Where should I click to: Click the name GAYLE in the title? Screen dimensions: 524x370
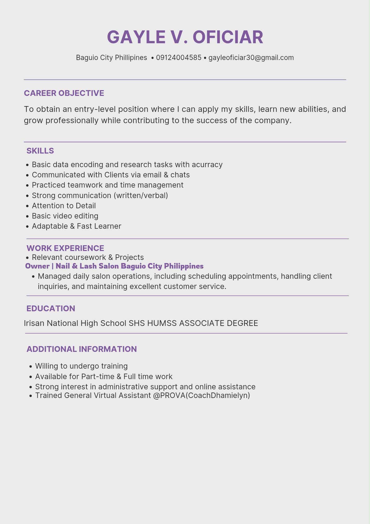pyautogui.click(x=136, y=37)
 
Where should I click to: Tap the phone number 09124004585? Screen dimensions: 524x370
pyautogui.click(x=179, y=58)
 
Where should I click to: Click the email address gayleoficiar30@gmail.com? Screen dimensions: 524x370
pyautogui.click(x=251, y=58)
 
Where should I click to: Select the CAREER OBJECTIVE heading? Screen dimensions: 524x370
pyautogui.click(x=64, y=93)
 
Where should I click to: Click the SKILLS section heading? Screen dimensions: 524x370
pyautogui.click(x=40, y=151)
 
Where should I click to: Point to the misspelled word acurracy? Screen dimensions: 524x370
pyautogui.click(x=207, y=165)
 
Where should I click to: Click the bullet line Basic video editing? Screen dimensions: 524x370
pyautogui.click(x=65, y=216)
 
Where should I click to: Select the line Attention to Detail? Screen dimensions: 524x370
pyautogui.click(x=64, y=206)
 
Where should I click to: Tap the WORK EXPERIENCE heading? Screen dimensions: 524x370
pyautogui.click(x=65, y=248)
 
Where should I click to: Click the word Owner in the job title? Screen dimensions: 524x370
pyautogui.click(x=37, y=266)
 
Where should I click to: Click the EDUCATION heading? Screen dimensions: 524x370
pyautogui.click(x=51, y=308)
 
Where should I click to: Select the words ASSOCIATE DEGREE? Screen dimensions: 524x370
pyautogui.click(x=218, y=323)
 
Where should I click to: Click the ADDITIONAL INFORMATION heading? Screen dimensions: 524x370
pyautogui.click(x=82, y=349)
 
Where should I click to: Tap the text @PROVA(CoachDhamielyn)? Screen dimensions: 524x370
pyautogui.click(x=201, y=395)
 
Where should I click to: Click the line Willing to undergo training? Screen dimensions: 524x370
pyautogui.click(x=81, y=366)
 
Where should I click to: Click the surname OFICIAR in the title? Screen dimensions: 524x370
pyautogui.click(x=228, y=37)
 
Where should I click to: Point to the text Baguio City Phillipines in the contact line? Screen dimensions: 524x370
pyautogui.click(x=111, y=58)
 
